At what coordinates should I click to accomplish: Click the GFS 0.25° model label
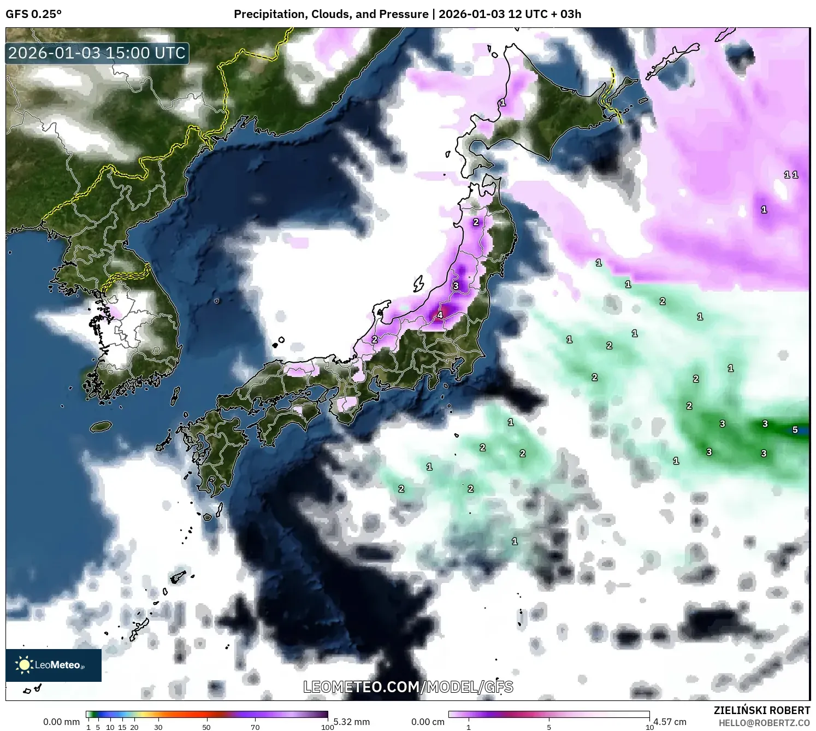pyautogui.click(x=33, y=14)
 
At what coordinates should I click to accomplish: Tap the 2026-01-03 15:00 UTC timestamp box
pyautogui.click(x=97, y=53)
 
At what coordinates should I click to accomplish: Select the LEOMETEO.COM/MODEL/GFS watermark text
pyautogui.click(x=408, y=687)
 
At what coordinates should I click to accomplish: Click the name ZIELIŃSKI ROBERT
pyautogui.click(x=762, y=710)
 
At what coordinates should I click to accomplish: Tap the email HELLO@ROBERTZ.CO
pyautogui.click(x=764, y=723)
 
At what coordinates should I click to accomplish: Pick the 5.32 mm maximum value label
pyautogui.click(x=352, y=722)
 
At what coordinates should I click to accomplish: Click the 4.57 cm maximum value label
pyautogui.click(x=670, y=722)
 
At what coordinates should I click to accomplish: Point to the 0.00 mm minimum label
pyautogui.click(x=61, y=722)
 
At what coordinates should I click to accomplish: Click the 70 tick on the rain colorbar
pyautogui.click(x=255, y=727)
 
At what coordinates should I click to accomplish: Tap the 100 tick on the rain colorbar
pyautogui.click(x=327, y=727)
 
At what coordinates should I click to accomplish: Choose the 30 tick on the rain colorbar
pyautogui.click(x=158, y=727)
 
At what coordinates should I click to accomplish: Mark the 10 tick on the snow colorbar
pyautogui.click(x=649, y=727)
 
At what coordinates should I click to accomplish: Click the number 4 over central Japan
pyautogui.click(x=440, y=315)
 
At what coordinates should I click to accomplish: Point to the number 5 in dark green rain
pyautogui.click(x=795, y=430)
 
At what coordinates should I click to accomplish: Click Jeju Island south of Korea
pyautogui.click(x=100, y=426)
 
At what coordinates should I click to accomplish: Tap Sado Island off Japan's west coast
pyautogui.click(x=418, y=284)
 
